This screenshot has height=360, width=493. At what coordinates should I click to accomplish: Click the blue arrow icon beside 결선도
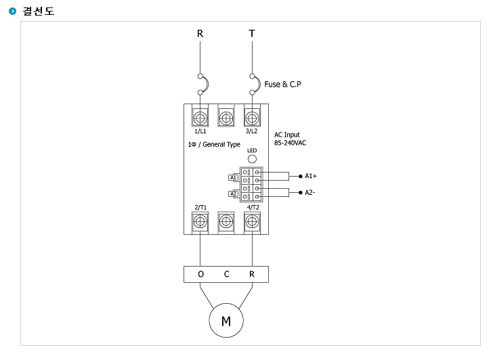[x=13, y=12]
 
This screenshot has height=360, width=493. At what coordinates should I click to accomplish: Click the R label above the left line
[x=200, y=34]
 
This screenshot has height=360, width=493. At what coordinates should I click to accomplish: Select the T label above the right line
[x=252, y=34]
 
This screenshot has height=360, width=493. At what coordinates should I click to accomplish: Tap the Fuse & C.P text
[x=282, y=84]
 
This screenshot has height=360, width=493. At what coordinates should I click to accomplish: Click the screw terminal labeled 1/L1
[x=200, y=118]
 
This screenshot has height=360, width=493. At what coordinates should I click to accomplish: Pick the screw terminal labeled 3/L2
[x=252, y=118]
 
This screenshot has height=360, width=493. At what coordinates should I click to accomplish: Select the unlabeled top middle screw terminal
[x=226, y=118]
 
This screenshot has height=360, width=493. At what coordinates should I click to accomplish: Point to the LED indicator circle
[x=252, y=159]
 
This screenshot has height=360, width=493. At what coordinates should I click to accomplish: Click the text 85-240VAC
[x=291, y=143]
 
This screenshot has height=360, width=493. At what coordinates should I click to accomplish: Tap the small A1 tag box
[x=233, y=177]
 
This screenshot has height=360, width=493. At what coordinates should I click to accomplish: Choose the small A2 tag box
[x=233, y=194]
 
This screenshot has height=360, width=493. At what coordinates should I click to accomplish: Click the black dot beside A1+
[x=300, y=176]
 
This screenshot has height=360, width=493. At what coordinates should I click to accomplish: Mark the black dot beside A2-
[x=300, y=193]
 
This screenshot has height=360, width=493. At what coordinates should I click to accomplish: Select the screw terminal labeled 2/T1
[x=200, y=222]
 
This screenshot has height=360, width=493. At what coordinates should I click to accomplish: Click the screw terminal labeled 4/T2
[x=252, y=222]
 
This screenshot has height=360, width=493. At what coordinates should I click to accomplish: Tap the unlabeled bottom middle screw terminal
[x=226, y=222]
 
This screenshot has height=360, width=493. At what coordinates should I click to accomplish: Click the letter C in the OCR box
[x=226, y=274]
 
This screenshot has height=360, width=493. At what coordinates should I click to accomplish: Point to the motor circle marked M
[x=226, y=321]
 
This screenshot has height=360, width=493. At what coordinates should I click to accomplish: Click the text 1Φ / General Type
[x=214, y=145]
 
